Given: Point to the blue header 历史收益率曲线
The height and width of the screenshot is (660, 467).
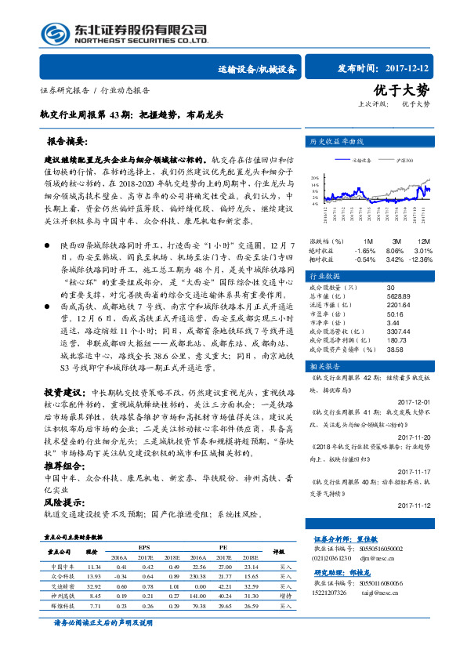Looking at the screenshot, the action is click(x=338, y=141).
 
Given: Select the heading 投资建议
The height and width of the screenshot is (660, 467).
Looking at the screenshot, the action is click(x=63, y=390).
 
